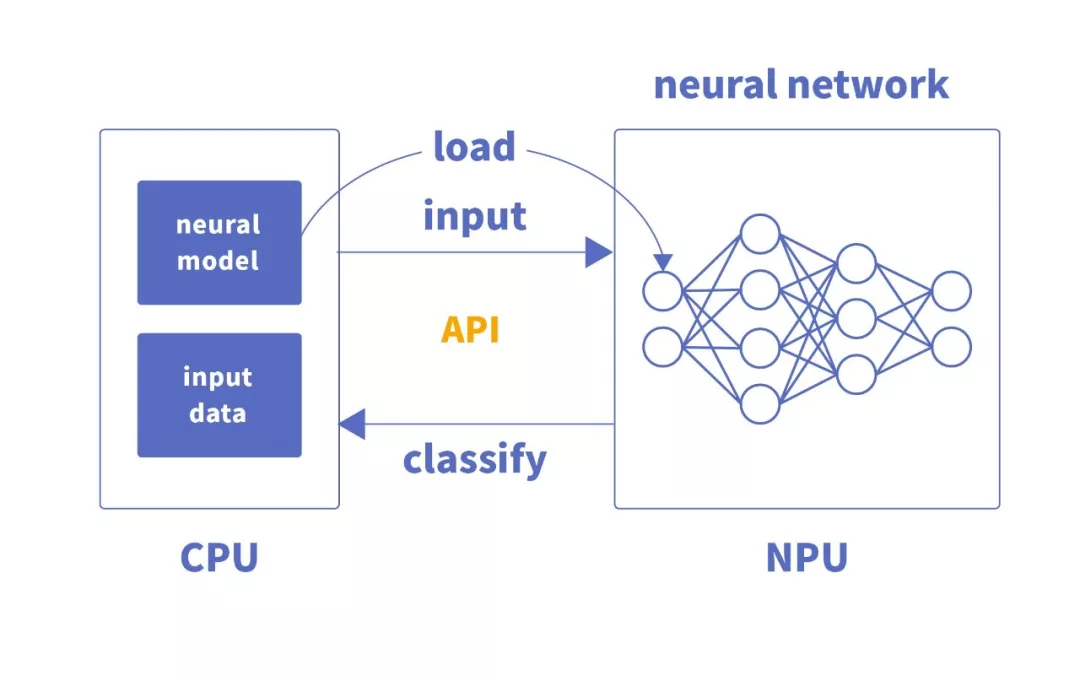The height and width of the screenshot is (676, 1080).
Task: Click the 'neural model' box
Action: (x=219, y=242)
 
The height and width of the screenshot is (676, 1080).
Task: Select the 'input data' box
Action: (x=219, y=395)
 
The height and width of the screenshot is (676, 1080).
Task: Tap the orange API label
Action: (x=470, y=329)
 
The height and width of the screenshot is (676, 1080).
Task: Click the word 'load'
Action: (x=474, y=147)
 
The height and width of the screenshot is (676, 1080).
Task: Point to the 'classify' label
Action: (x=475, y=459)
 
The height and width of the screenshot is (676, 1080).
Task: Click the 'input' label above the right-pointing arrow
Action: (x=474, y=216)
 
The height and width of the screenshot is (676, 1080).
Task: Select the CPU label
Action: (x=219, y=557)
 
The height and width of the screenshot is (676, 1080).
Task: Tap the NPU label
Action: (x=806, y=557)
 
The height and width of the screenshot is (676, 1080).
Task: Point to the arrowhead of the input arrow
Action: (x=599, y=253)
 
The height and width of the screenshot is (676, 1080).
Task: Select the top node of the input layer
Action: (x=662, y=291)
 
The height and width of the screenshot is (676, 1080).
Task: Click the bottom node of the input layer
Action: (x=662, y=346)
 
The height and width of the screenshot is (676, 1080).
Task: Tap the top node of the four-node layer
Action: (x=759, y=234)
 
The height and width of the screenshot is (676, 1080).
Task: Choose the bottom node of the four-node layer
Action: (x=759, y=403)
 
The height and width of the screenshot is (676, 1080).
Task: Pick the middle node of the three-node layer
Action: (x=857, y=319)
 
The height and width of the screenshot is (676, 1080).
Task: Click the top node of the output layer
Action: (x=951, y=291)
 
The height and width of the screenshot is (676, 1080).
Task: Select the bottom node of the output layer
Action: (x=951, y=346)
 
